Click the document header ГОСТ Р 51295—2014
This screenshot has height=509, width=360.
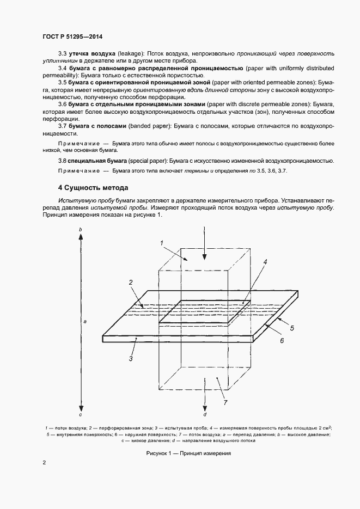[x=72, y=36]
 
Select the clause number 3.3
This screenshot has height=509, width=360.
[x=62, y=54]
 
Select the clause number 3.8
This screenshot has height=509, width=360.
[x=62, y=161]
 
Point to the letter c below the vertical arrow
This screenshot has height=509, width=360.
[x=81, y=415]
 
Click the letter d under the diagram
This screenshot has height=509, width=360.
[x=204, y=414]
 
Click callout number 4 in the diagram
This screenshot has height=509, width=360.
[x=265, y=262]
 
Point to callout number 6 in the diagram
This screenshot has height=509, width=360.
[x=282, y=340]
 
